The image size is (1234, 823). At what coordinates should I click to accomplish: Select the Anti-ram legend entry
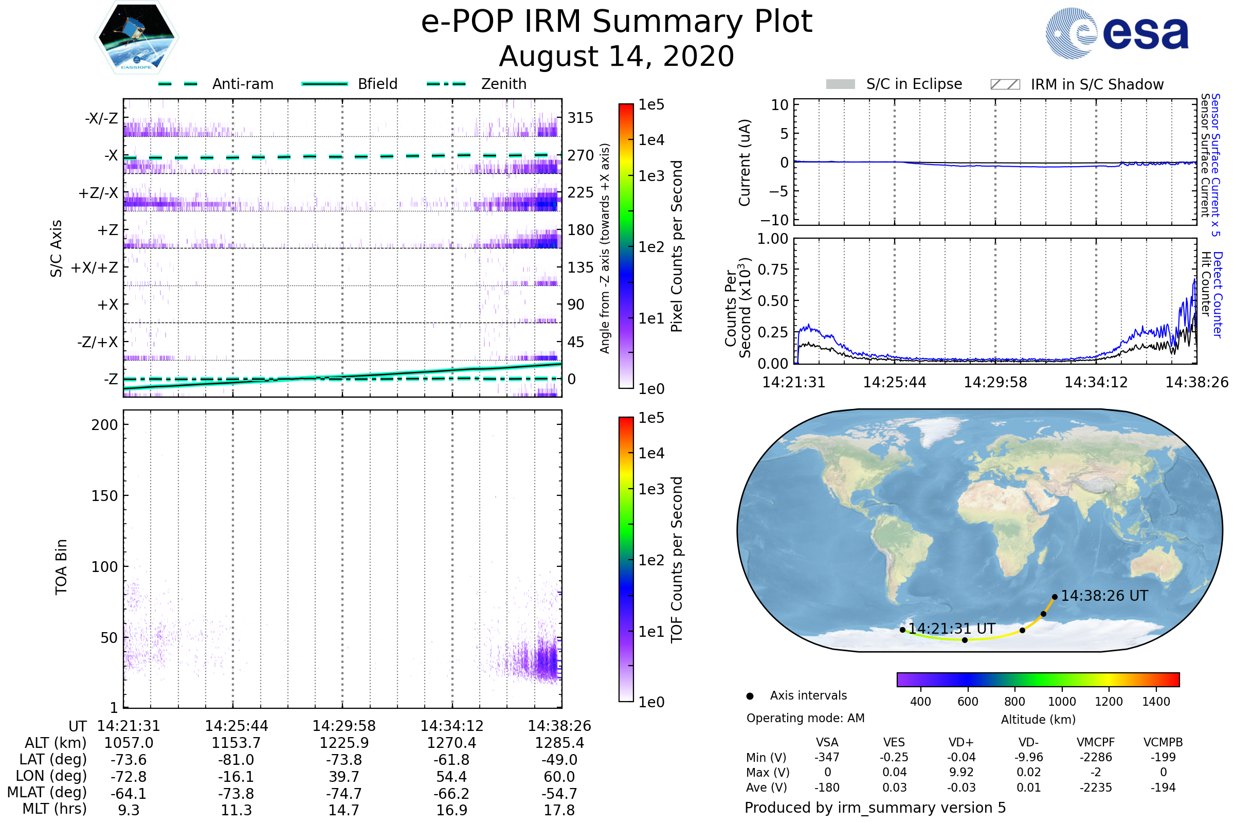pyautogui.click(x=242, y=84)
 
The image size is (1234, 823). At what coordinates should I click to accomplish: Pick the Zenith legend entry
pyautogui.click(x=503, y=84)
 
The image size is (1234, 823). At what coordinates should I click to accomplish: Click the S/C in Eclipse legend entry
pyautogui.click(x=914, y=84)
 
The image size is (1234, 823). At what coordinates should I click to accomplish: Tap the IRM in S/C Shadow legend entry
pyautogui.click(x=1097, y=84)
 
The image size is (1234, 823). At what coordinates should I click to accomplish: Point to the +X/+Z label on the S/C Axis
pyautogui.click(x=95, y=267)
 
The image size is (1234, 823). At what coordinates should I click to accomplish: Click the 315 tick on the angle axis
pyautogui.click(x=580, y=118)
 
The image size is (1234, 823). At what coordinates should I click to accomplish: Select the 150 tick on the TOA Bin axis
pyautogui.click(x=104, y=495)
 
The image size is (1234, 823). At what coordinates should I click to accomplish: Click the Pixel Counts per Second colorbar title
pyautogui.click(x=677, y=246)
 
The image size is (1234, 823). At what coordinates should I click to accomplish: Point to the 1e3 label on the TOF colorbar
pyautogui.click(x=651, y=489)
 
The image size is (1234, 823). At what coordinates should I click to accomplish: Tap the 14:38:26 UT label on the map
pyautogui.click(x=1104, y=596)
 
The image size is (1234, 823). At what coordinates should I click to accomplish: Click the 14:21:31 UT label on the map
pyautogui.click(x=951, y=628)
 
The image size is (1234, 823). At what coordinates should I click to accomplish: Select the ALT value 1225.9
pyautogui.click(x=344, y=743)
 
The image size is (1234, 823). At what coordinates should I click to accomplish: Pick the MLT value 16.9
pyautogui.click(x=452, y=810)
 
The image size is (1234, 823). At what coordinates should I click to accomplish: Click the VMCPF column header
pyautogui.click(x=1096, y=742)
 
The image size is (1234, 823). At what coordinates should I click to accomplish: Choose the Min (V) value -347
pyautogui.click(x=827, y=757)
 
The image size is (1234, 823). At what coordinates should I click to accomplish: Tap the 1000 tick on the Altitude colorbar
pyautogui.click(x=1061, y=701)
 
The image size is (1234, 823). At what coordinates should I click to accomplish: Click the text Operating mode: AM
pyautogui.click(x=805, y=718)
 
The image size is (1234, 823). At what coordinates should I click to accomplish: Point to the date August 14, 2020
pyautogui.click(x=616, y=56)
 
